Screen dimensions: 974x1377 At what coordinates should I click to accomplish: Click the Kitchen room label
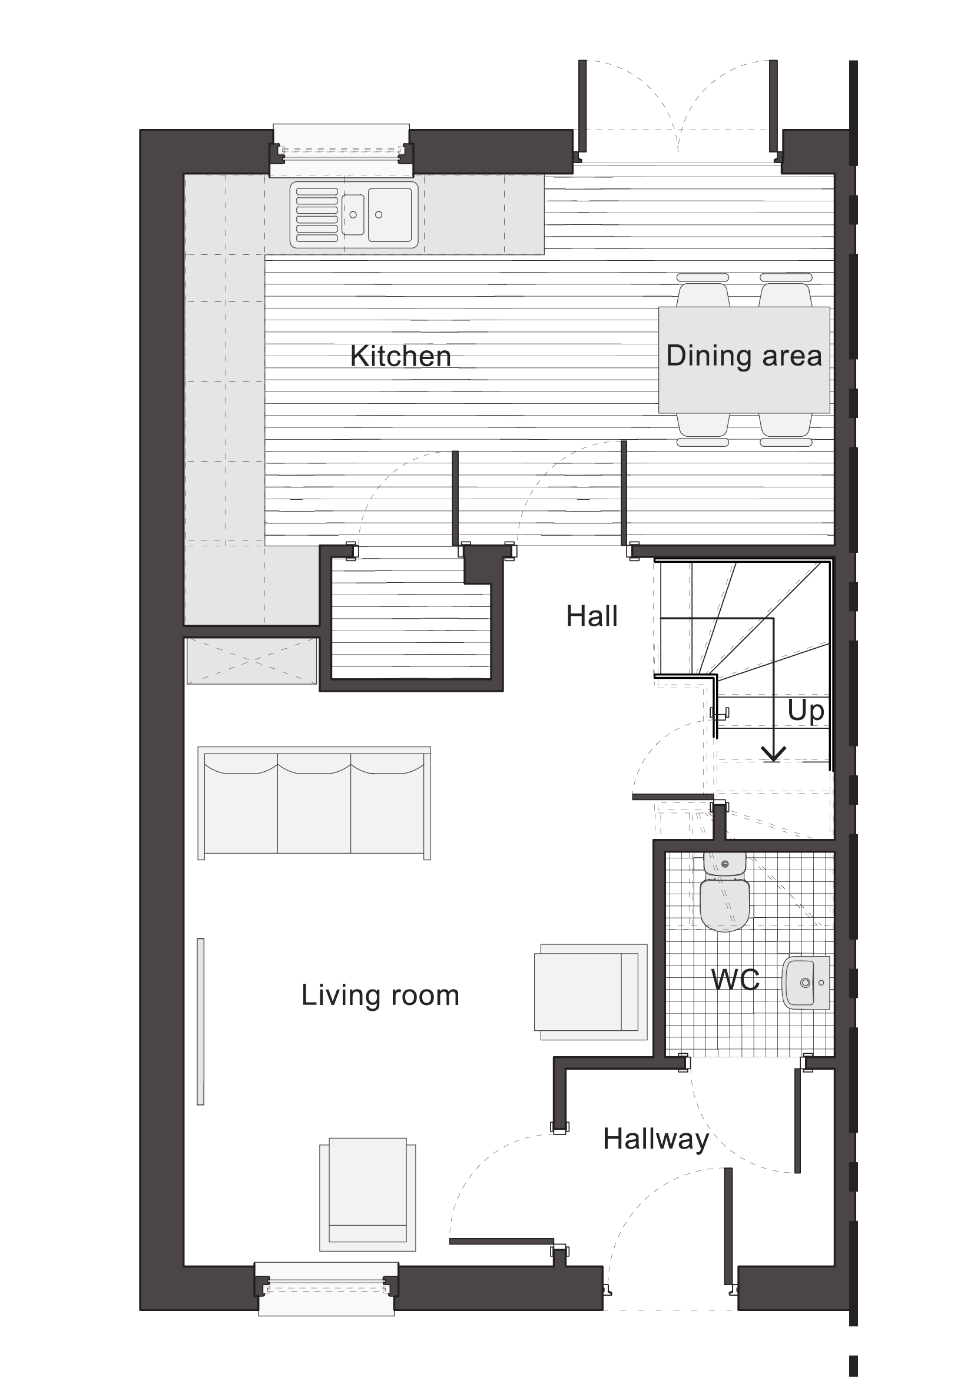click(400, 356)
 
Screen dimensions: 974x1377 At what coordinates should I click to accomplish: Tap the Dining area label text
click(744, 356)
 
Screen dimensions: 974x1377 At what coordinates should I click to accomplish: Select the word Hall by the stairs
click(591, 616)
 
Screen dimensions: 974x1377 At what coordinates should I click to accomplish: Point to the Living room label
click(380, 995)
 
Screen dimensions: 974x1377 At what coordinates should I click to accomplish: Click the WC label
click(736, 980)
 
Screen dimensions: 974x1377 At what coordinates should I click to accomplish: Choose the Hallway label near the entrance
click(656, 1139)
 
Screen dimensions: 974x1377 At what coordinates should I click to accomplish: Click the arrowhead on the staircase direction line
click(774, 755)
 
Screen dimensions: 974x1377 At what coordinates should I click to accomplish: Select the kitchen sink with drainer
click(354, 215)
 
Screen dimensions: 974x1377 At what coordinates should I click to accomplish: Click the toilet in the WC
click(725, 892)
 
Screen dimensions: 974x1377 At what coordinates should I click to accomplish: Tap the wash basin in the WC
click(806, 983)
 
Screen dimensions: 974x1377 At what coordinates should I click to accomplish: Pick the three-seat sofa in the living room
click(314, 803)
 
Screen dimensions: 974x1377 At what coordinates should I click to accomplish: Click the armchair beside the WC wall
click(591, 992)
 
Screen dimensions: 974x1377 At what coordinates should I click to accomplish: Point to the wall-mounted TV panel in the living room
click(200, 1021)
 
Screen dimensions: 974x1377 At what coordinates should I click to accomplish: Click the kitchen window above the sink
click(342, 151)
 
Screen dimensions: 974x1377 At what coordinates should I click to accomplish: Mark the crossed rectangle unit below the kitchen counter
click(251, 661)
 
